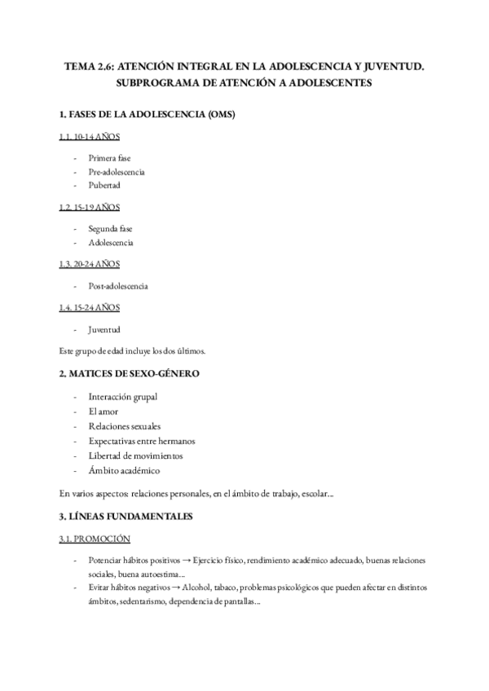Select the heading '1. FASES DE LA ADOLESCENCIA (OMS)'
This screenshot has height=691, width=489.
click(147, 114)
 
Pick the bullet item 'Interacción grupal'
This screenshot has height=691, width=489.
click(123, 397)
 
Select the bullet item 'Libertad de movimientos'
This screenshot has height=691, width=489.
click(136, 456)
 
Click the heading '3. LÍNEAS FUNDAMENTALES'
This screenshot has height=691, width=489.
click(126, 517)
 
